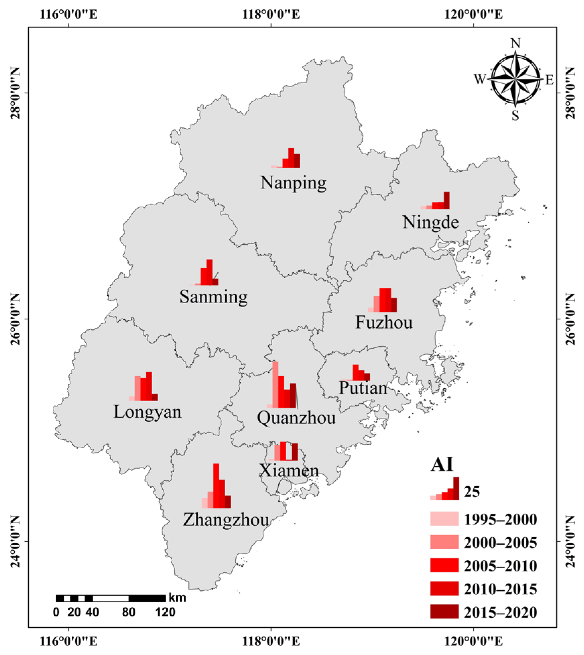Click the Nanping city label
click(x=293, y=183)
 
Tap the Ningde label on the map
click(x=430, y=222)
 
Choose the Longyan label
click(x=148, y=412)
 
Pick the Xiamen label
click(x=289, y=470)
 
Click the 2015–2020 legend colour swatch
click(x=444, y=611)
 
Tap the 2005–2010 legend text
click(x=500, y=566)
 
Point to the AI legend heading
click(x=442, y=465)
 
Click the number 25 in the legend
click(x=472, y=492)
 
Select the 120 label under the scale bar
click(x=165, y=612)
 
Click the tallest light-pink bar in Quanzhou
click(x=276, y=384)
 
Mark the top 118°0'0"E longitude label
click(x=271, y=15)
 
